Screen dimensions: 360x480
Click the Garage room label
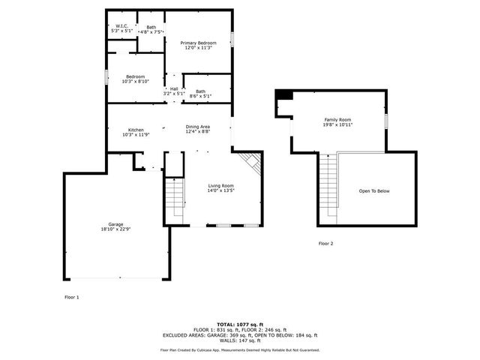click(115, 225)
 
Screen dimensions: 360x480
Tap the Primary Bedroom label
click(197, 43)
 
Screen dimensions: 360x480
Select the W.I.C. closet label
click(121, 26)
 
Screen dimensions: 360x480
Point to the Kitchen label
click(136, 130)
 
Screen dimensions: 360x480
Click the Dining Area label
click(198, 127)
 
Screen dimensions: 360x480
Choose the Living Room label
click(221, 185)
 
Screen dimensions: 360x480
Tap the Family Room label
click(337, 119)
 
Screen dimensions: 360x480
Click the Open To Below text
click(374, 191)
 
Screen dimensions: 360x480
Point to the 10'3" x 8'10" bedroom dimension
click(136, 82)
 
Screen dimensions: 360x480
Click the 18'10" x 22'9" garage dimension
click(115, 229)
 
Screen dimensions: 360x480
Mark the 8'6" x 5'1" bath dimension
click(200, 96)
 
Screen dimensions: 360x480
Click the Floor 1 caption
click(71, 297)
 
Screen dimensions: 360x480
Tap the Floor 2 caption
click(325, 244)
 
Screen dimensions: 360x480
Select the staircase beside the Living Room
click(174, 196)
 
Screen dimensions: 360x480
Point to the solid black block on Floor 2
click(284, 94)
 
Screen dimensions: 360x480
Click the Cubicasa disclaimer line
click(239, 349)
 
